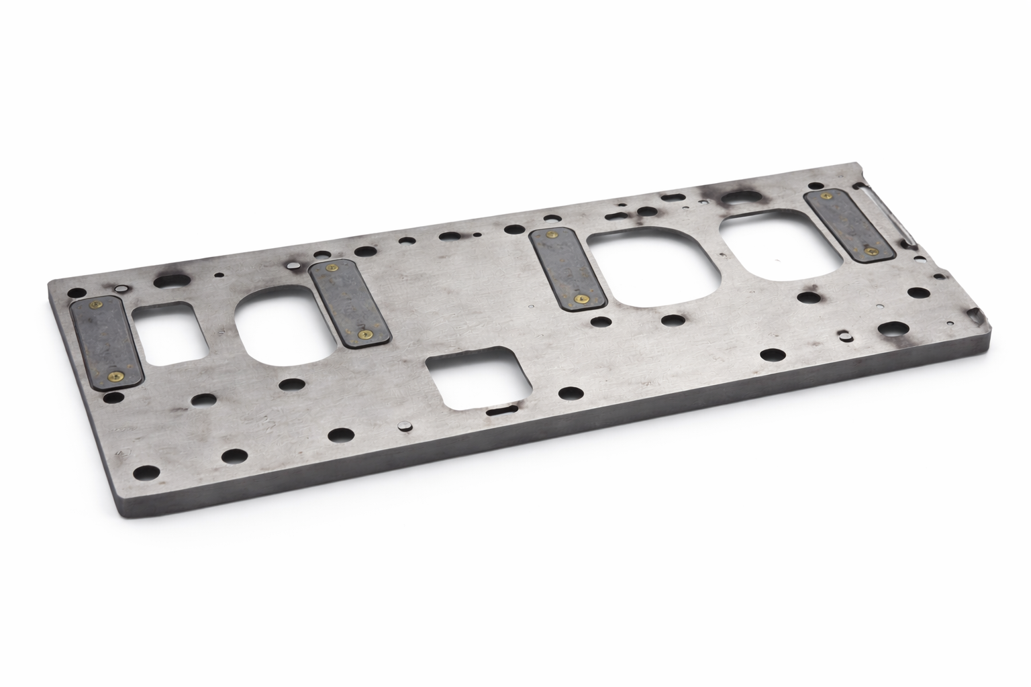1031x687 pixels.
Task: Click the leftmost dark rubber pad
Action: (107, 342)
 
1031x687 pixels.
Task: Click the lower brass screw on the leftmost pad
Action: (119, 376)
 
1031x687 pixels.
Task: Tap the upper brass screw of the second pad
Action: (330, 268)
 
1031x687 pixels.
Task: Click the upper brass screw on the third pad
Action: (552, 235)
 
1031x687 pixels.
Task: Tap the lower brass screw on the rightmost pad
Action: (871, 250)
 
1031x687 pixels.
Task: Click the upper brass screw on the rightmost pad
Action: (825, 196)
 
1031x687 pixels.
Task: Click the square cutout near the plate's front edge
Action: (474, 378)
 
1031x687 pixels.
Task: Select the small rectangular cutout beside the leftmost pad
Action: (170, 333)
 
